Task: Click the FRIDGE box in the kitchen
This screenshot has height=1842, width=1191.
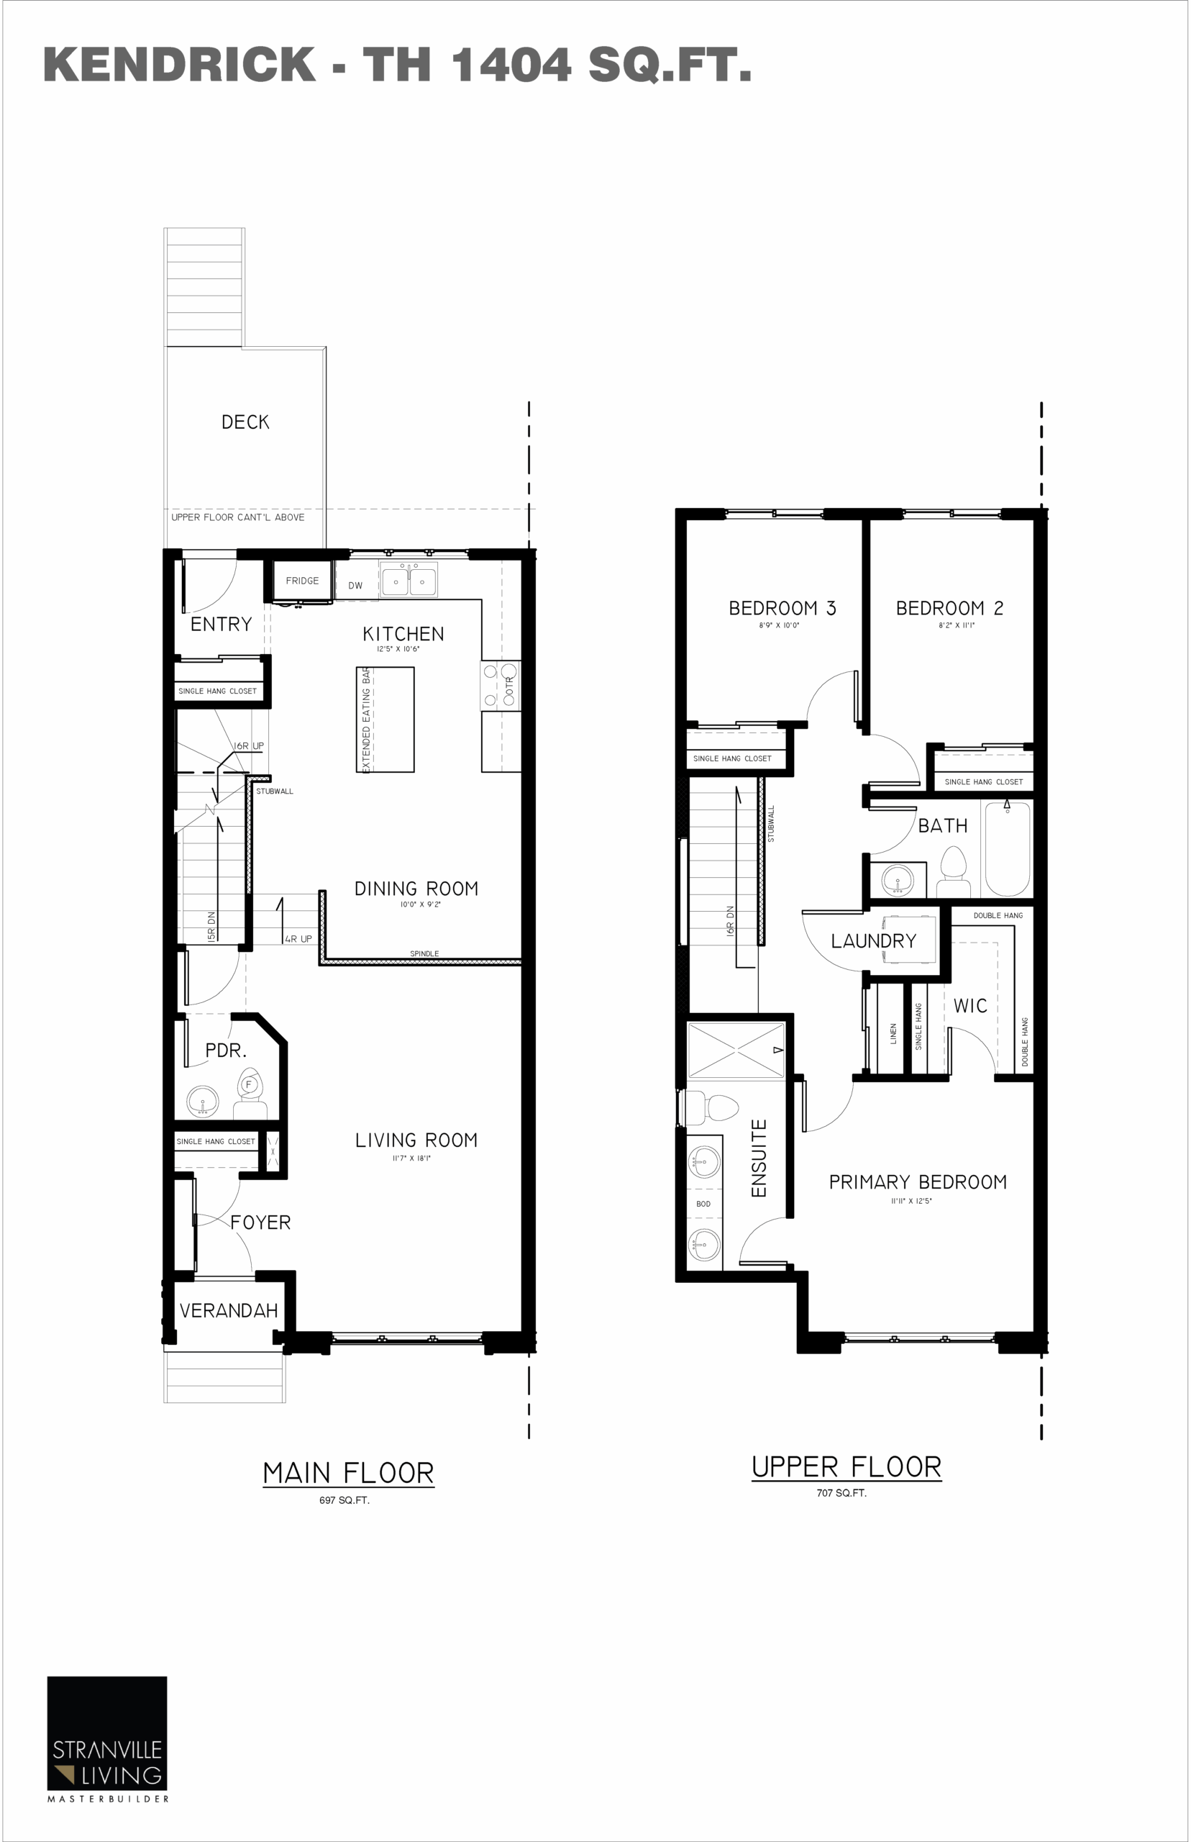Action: pos(301,581)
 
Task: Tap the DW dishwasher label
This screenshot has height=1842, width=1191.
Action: pos(355,586)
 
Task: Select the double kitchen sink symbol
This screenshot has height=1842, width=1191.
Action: pos(409,580)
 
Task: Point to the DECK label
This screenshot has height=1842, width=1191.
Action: pos(245,422)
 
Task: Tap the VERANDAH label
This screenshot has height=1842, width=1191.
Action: pos(228,1310)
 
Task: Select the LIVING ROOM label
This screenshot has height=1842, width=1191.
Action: pos(416,1140)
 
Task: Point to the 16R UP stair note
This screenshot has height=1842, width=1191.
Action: pos(248,745)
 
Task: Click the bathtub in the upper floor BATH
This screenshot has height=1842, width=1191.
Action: pos(1006,848)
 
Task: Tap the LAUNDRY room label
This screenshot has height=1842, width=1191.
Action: pos(873,940)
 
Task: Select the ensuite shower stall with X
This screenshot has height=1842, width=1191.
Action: pos(736,1050)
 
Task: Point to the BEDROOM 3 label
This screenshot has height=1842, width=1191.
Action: pos(782,608)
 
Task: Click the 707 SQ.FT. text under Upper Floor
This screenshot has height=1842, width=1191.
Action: pos(841,1493)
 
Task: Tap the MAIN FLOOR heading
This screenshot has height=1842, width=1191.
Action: pos(348,1473)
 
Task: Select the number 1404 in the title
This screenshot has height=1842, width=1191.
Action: pos(511,64)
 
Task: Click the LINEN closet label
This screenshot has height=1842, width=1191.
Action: pos(893,1033)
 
